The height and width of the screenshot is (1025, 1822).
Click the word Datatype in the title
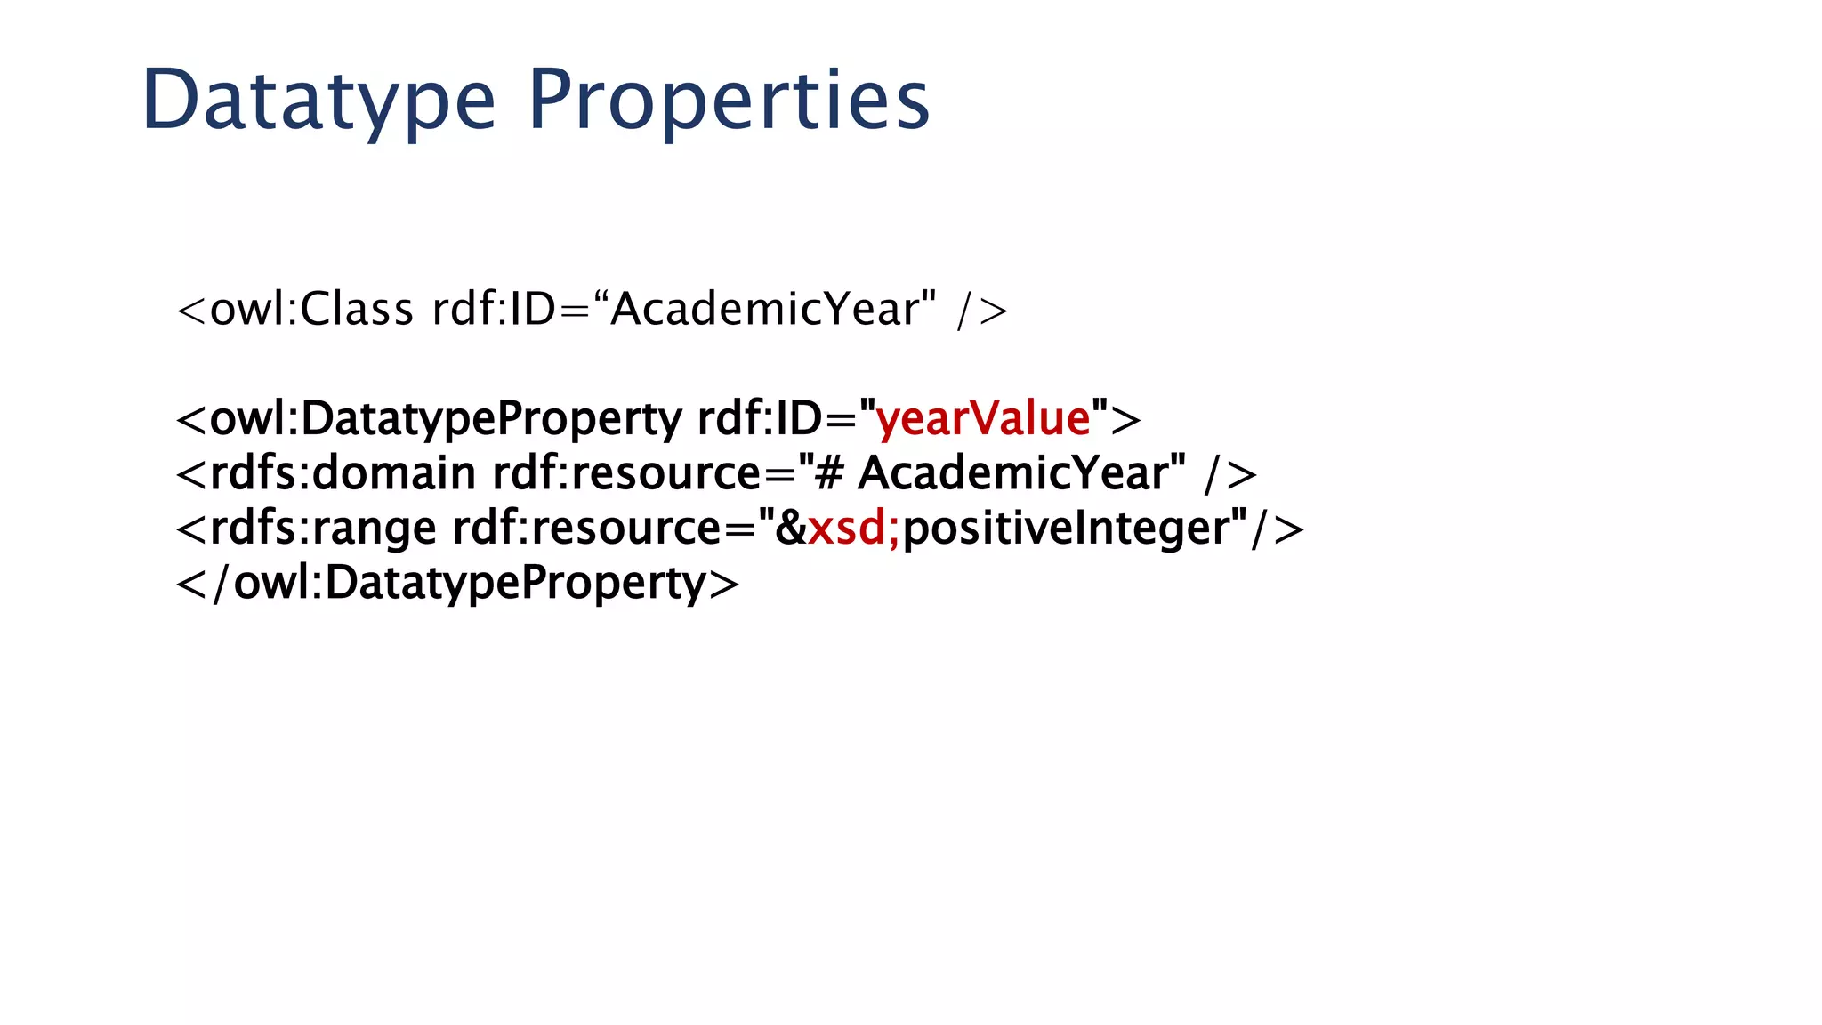(318, 100)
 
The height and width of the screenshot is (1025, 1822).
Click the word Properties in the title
(729, 100)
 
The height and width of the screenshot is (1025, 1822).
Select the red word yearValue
(983, 418)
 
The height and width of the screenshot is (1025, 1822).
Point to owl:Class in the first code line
(311, 310)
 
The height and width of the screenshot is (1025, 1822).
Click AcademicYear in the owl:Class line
(764, 310)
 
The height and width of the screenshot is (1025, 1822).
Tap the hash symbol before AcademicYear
(828, 473)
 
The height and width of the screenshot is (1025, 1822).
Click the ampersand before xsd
(790, 528)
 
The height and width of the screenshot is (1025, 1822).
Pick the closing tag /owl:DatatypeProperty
(459, 584)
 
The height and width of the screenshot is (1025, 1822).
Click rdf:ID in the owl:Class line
(494, 310)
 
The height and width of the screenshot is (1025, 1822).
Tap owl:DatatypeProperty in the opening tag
(445, 418)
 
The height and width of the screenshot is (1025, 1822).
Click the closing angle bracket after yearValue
(1126, 420)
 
